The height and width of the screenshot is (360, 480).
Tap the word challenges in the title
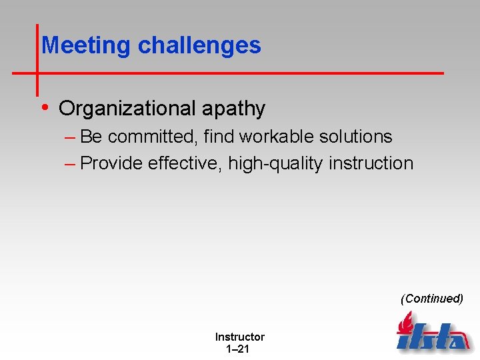pyautogui.click(x=199, y=45)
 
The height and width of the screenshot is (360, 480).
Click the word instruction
pyautogui.click(x=371, y=163)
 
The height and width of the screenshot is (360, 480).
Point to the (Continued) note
pyautogui.click(x=432, y=299)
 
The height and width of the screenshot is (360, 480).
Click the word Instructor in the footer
pyautogui.click(x=239, y=337)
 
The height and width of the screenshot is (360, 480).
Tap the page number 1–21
pyautogui.click(x=239, y=349)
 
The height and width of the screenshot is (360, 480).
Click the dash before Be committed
pyautogui.click(x=71, y=137)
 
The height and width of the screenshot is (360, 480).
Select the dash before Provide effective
pyautogui.click(x=71, y=164)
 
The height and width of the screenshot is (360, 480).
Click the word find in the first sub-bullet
pyautogui.click(x=219, y=137)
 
